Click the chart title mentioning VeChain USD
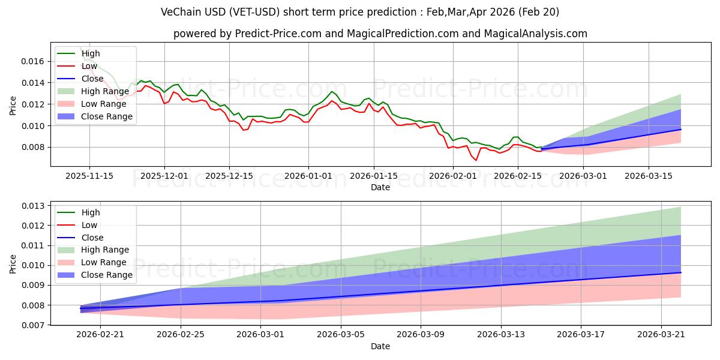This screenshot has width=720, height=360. (360, 12)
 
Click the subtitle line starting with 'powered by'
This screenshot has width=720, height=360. (380, 34)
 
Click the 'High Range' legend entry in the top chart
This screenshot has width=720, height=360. (106, 91)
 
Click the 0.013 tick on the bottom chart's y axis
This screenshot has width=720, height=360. (33, 206)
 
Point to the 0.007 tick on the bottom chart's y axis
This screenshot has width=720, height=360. (33, 325)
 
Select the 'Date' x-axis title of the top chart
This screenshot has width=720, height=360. (380, 187)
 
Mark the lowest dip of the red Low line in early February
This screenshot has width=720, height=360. (476, 160)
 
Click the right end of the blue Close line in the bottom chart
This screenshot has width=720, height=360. (681, 272)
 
